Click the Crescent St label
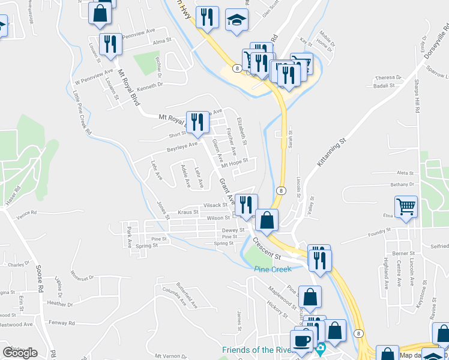pyautogui.click(x=267, y=248)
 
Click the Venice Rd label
pyautogui.click(x=26, y=213)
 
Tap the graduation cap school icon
pyautogui.click(x=237, y=19)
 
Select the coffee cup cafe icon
pyautogui.click(x=303, y=340)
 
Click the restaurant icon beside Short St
pyautogui.click(x=196, y=122)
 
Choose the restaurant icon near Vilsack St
pyautogui.click(x=246, y=205)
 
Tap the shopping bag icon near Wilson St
pyautogui.click(x=267, y=220)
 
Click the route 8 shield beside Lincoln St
pyautogui.click(x=280, y=190)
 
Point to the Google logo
pyautogui.click(x=20, y=353)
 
